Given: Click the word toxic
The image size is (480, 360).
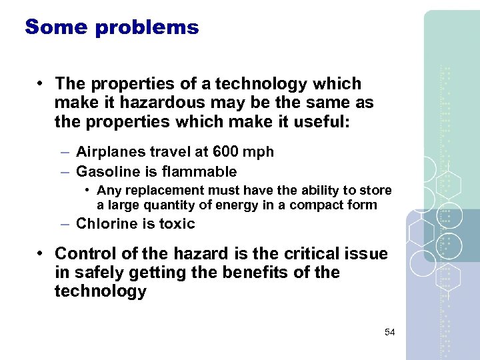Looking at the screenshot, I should pyautogui.click(x=177, y=224).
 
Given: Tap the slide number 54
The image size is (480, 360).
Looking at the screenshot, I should pyautogui.click(x=390, y=332).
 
